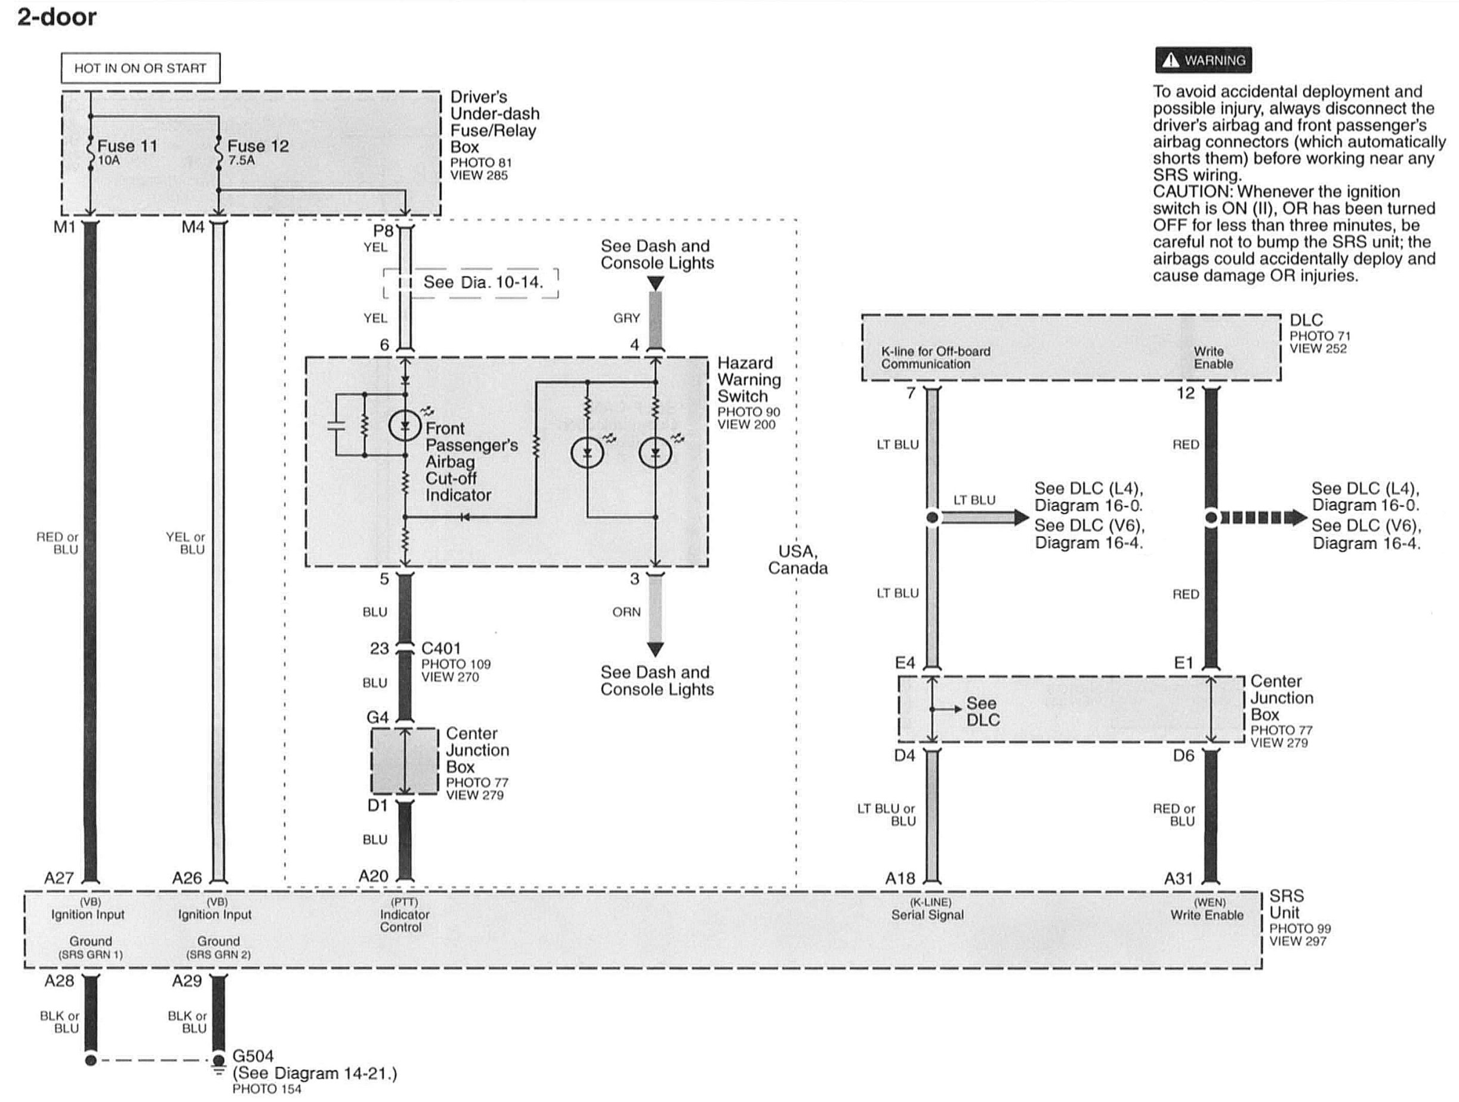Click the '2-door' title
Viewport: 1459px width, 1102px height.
(x=57, y=17)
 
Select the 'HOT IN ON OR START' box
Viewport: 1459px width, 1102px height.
(x=140, y=68)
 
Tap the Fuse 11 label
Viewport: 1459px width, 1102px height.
(x=127, y=146)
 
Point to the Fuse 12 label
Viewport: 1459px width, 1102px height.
(x=258, y=146)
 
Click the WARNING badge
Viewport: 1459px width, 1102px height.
(x=1203, y=61)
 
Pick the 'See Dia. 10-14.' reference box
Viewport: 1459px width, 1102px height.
(x=482, y=282)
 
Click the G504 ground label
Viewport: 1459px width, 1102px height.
(x=252, y=1056)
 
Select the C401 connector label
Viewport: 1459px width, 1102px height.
(x=440, y=649)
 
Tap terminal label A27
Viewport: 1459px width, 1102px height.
(x=58, y=878)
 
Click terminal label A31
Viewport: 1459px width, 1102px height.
(x=1178, y=878)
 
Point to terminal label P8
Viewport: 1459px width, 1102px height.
(x=383, y=231)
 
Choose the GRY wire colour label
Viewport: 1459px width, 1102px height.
(x=626, y=319)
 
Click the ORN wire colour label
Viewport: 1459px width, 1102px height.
(x=626, y=612)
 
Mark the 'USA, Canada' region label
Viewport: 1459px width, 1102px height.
(x=797, y=559)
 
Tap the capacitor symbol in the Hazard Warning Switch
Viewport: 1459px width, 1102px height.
(x=337, y=425)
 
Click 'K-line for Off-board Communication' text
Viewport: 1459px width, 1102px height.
(x=935, y=357)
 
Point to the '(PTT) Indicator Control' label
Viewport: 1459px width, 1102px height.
(x=403, y=915)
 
